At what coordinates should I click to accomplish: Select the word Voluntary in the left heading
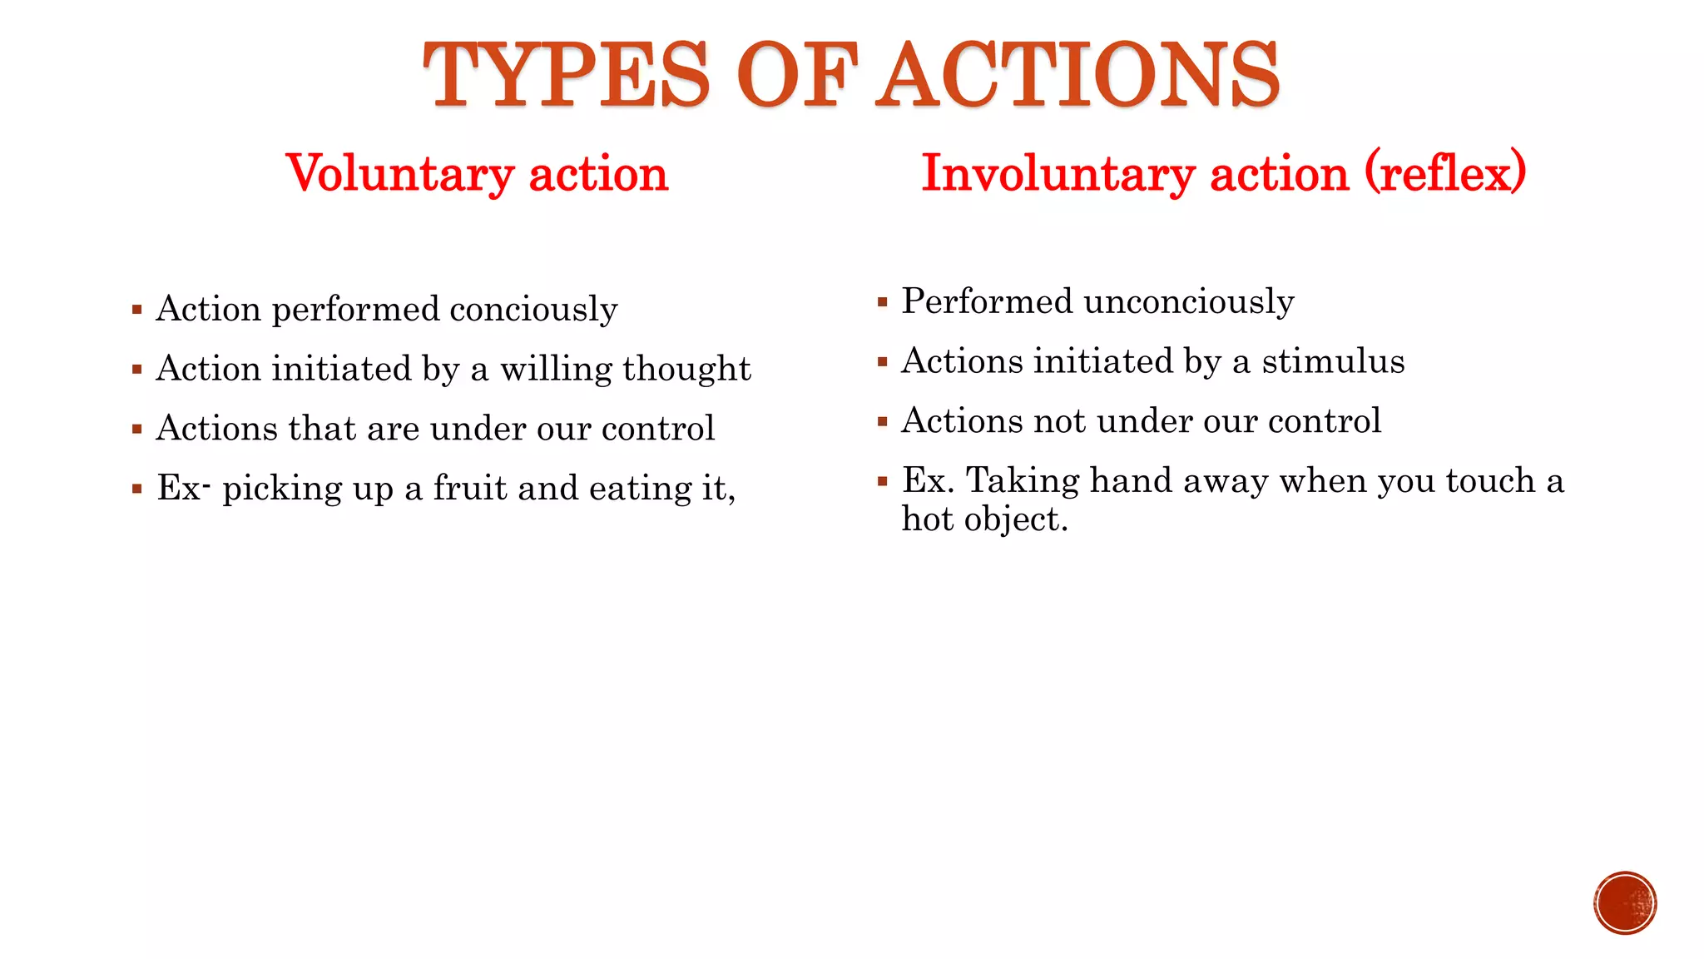pos(399,174)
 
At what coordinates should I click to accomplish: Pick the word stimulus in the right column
pos(1333,361)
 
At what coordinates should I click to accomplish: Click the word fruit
pos(469,488)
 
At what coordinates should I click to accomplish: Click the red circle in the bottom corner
pos(1625,903)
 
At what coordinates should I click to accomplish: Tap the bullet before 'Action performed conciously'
pos(137,311)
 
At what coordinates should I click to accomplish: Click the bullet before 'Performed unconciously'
pos(883,303)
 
